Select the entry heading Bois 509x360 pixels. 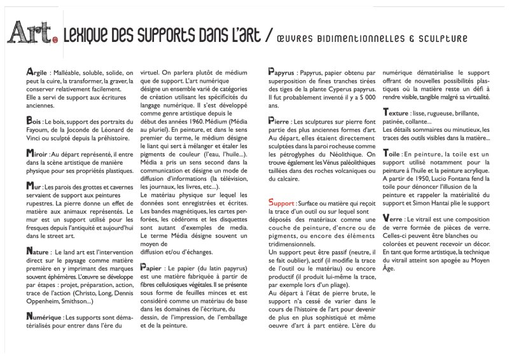34,119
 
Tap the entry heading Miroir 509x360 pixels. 37,153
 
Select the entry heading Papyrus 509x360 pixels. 282,73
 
